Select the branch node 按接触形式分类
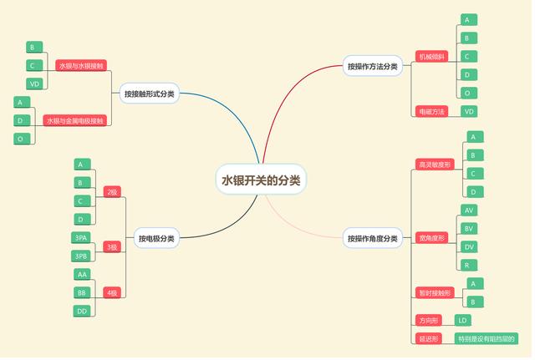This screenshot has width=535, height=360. point(150,94)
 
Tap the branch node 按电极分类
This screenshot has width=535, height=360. point(156,238)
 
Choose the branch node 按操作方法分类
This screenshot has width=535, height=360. point(372,66)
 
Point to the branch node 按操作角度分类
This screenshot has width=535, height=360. point(372,238)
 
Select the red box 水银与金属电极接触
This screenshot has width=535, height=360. point(75,121)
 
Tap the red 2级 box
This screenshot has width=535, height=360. point(112,192)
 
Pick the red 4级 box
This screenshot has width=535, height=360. point(112,292)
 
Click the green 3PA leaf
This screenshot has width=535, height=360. point(81,238)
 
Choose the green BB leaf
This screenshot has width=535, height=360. point(82,292)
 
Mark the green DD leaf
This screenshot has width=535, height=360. point(82,311)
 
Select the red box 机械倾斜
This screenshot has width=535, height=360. point(432,57)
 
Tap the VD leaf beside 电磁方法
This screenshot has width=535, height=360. point(469,111)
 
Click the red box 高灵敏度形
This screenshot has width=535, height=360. point(435,165)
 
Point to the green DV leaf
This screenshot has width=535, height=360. point(469,246)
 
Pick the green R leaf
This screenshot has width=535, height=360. point(469,265)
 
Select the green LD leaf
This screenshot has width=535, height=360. point(463,320)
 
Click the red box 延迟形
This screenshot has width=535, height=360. point(430,338)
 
